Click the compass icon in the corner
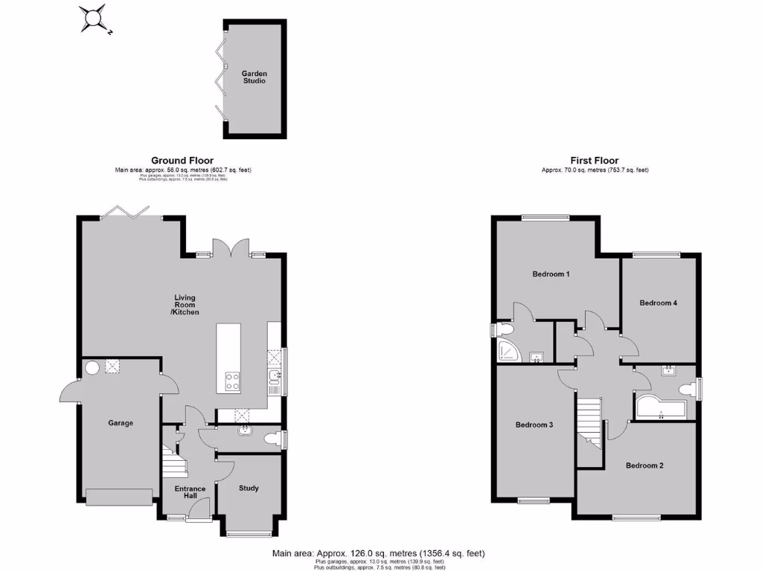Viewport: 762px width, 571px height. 95,18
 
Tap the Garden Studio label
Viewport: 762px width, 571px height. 254,77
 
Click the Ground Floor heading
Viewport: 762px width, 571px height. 182,160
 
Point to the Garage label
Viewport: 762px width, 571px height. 121,423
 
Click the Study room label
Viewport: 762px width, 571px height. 249,488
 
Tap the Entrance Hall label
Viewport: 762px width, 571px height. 190,493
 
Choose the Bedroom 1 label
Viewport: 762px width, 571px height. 551,274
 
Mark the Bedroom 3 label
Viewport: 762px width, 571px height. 534,425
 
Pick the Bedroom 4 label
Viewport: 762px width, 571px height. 658,303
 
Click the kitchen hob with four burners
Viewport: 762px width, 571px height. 232,381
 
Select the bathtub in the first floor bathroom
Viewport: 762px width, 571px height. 662,407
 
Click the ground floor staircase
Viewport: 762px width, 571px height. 173,461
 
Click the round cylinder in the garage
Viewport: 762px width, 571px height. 92,367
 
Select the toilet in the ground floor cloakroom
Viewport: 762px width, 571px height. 276,440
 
